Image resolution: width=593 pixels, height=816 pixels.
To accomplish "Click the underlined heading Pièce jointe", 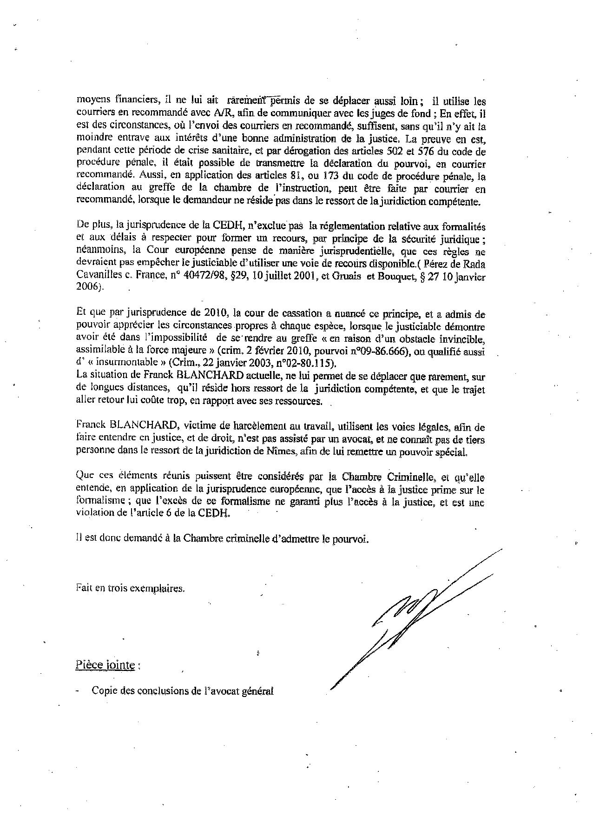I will [105, 665].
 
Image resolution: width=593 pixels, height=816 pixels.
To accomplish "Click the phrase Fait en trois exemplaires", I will [130, 588].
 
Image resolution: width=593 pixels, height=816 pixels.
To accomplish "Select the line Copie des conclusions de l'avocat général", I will [182, 691].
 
